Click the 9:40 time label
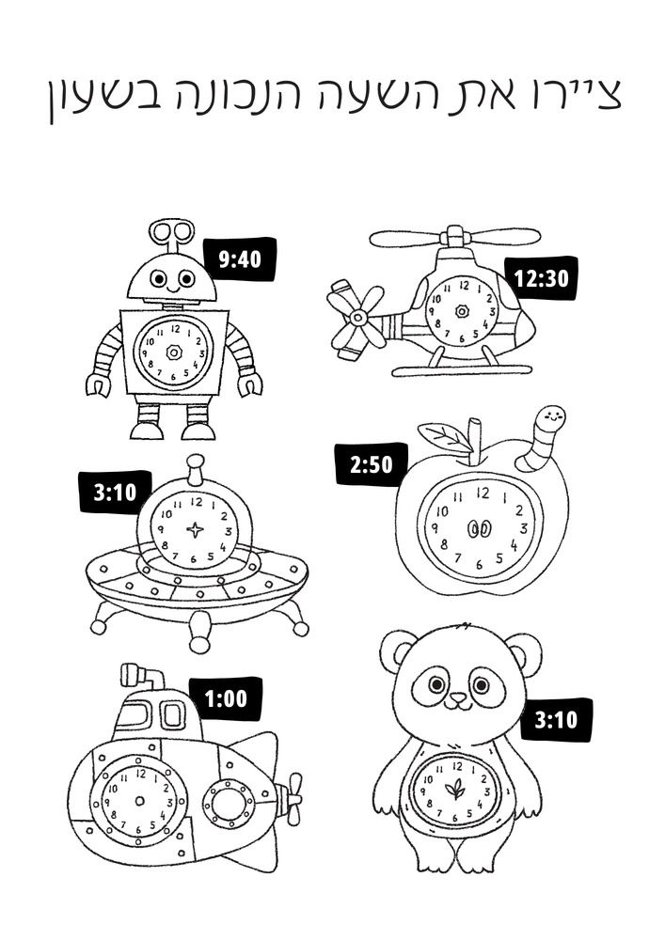pos(241,259)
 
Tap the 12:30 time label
pos(542,278)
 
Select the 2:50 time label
pos(372,464)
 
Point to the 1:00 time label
pos(226,698)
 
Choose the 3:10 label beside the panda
pos(556,719)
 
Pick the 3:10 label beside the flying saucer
pos(115,493)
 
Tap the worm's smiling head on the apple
pos(552,416)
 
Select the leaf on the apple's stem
pos(443,436)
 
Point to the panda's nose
pos(458,698)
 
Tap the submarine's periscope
pos(143,677)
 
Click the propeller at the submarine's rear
pos(293,798)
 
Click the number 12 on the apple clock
pos(483,493)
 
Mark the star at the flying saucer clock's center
pos(195,529)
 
